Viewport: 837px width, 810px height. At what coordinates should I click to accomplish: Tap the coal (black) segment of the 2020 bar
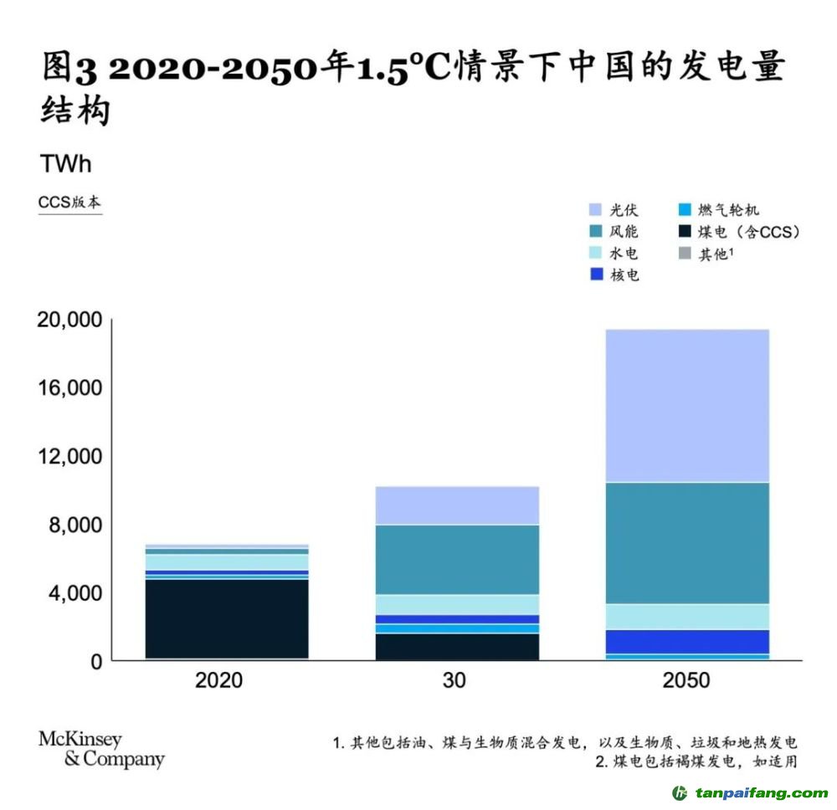(x=227, y=618)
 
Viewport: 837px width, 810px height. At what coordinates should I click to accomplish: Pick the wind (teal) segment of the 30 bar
(x=457, y=559)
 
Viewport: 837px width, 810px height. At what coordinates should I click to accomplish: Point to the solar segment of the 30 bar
(x=457, y=505)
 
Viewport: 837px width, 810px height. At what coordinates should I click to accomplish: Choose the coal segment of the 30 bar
(x=457, y=646)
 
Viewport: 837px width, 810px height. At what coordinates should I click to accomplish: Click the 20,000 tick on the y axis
(x=70, y=320)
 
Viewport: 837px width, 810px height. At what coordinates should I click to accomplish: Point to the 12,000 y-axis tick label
(x=70, y=457)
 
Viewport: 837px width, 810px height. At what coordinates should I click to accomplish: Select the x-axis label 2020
(x=218, y=680)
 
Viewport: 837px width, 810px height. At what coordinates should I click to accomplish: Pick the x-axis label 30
(x=456, y=680)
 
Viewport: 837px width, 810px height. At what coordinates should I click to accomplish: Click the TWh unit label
(x=65, y=164)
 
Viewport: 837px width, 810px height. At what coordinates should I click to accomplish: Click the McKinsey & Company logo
(x=101, y=750)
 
